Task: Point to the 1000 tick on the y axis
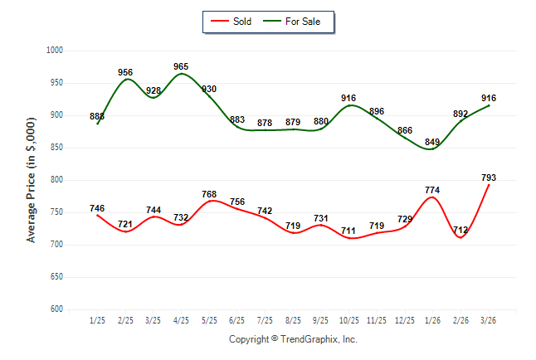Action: click(x=55, y=51)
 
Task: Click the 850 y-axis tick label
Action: click(x=57, y=148)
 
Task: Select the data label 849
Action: click(x=433, y=143)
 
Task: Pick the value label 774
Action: click(x=433, y=190)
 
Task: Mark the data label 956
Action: click(x=126, y=72)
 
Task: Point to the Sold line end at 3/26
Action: click(x=489, y=185)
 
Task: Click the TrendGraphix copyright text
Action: click(x=293, y=339)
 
